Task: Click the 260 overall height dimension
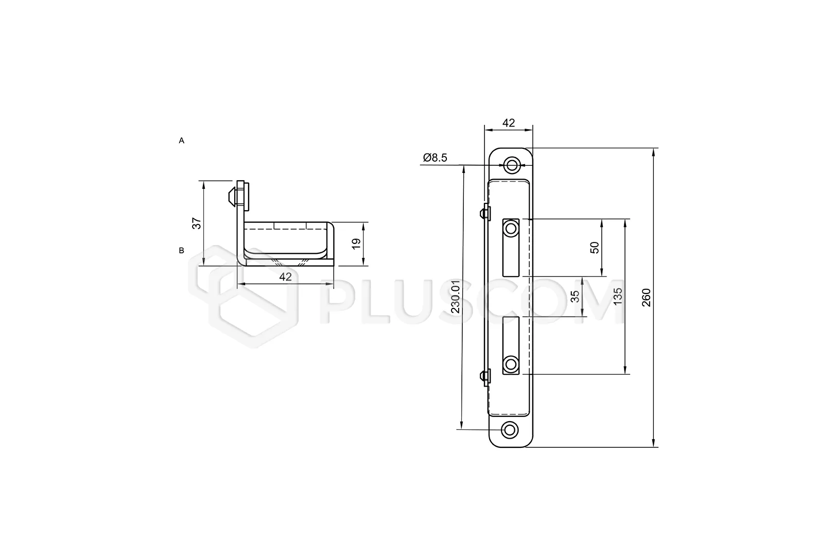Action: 647,298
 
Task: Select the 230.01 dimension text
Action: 455,297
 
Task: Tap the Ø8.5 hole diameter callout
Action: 435,158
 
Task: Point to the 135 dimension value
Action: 618,297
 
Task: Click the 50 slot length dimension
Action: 595,248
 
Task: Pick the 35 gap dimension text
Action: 575,297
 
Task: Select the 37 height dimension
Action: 197,223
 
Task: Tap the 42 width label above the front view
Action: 509,123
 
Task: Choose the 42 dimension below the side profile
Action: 286,276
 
